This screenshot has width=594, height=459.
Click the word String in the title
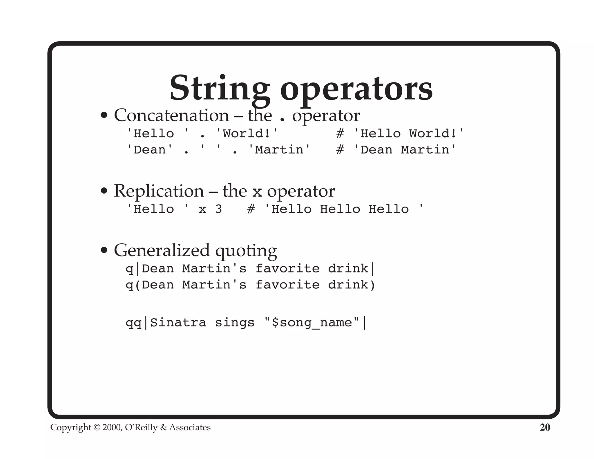(220, 88)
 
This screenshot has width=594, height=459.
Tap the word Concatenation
(171, 115)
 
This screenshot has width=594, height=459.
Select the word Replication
(159, 191)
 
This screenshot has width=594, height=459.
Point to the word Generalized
(162, 250)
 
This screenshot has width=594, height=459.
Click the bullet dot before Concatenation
(104, 116)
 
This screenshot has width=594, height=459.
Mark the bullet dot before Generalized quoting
(104, 250)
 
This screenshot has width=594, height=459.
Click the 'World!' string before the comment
(247, 134)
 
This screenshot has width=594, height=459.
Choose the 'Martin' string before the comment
(279, 150)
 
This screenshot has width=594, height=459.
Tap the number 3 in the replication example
(218, 209)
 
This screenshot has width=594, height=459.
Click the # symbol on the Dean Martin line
(340, 150)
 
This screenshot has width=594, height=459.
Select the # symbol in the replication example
(251, 209)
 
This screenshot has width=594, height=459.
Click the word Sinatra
(178, 323)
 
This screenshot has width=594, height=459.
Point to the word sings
(234, 323)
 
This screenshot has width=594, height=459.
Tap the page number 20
(545, 427)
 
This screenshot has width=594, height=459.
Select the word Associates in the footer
(190, 427)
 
